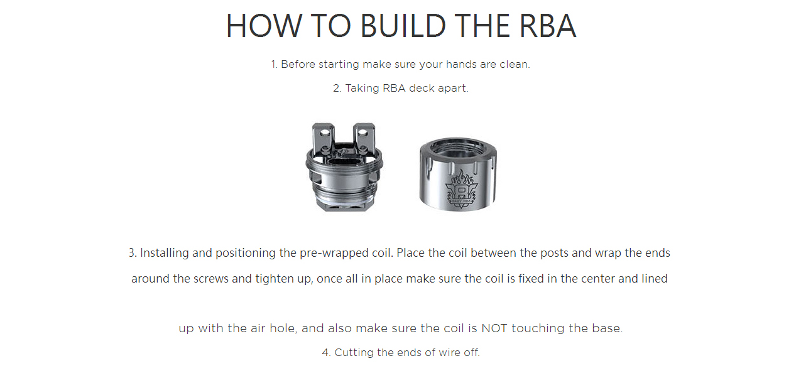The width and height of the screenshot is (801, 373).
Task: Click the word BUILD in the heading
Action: click(403, 26)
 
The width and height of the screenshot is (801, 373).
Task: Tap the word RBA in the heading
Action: click(548, 26)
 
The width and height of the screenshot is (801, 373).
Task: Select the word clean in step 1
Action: click(515, 64)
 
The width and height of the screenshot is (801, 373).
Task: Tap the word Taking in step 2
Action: click(362, 89)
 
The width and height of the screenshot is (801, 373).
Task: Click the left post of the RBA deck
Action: click(324, 138)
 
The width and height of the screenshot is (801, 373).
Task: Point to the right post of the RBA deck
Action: click(364, 138)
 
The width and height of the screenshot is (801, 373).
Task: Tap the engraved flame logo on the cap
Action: click(461, 188)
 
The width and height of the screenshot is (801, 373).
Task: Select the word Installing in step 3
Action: click(164, 253)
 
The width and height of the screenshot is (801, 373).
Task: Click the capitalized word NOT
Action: click(494, 328)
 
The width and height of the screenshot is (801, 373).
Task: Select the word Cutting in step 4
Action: click(354, 353)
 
